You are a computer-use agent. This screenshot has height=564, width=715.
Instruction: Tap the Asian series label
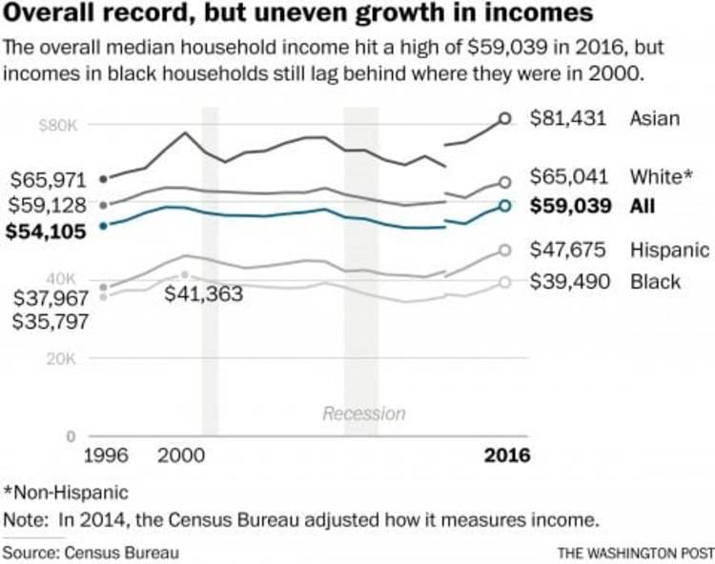[x=654, y=119]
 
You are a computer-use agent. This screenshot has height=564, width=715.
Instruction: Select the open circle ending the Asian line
[x=505, y=119]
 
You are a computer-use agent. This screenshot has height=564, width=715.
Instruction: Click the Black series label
[x=655, y=281]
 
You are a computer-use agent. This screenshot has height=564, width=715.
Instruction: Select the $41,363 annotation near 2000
[x=203, y=293]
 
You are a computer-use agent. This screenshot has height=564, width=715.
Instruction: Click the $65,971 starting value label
[x=49, y=180]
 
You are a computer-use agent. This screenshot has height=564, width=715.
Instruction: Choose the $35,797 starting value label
[x=51, y=321]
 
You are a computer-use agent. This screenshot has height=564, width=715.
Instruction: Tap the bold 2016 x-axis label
[x=506, y=455]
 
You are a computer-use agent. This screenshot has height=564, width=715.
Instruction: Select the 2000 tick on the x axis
[x=182, y=455]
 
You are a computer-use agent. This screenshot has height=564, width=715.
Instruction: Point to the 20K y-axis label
[x=60, y=359]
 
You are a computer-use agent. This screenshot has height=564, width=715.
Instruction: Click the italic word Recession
[x=363, y=413]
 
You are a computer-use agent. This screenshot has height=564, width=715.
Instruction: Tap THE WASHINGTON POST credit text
[x=634, y=552]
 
